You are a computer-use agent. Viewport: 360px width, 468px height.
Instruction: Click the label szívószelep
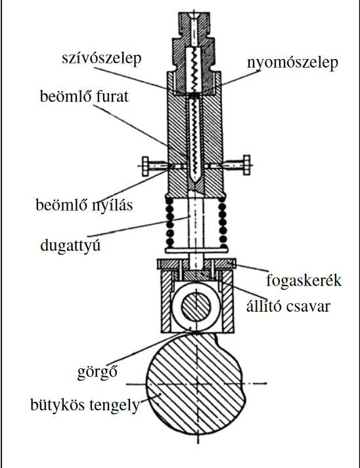point(102,58)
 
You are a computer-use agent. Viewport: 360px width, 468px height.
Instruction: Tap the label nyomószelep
point(292,63)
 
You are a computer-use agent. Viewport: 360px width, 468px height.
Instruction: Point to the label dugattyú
point(70,246)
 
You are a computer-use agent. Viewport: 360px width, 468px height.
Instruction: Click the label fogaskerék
point(304,280)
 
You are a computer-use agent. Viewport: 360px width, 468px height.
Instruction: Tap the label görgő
point(97,372)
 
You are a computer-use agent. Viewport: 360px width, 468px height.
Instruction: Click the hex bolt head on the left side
point(145,166)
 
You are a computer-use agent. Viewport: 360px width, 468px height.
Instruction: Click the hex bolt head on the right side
point(247,165)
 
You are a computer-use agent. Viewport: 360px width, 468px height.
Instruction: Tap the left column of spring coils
point(169,222)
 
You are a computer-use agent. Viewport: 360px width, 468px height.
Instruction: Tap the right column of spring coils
point(222,222)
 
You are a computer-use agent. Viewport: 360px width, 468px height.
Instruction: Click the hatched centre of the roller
point(196,307)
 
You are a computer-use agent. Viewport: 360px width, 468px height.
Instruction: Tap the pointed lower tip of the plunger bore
point(194,182)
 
